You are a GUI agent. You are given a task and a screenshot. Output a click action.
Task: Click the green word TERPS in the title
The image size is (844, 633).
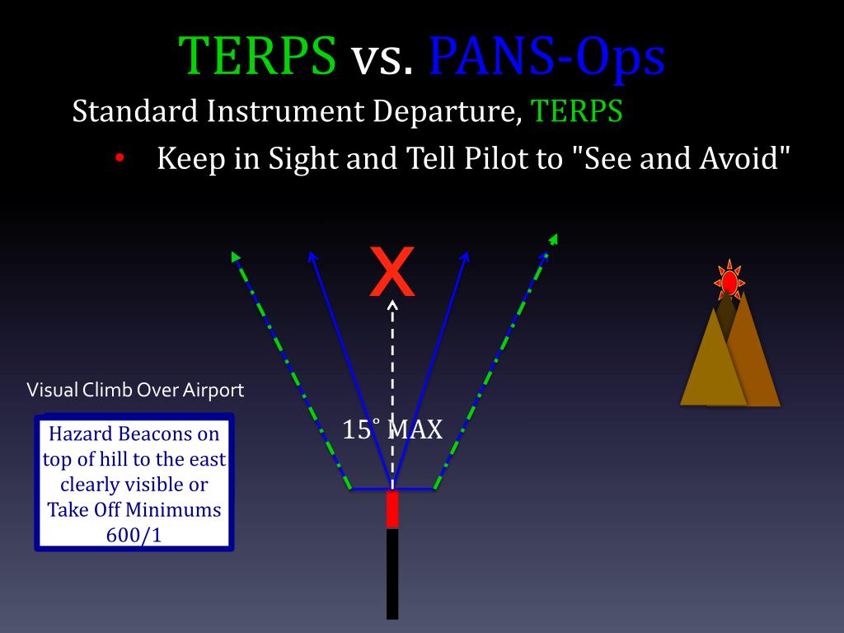click(x=259, y=56)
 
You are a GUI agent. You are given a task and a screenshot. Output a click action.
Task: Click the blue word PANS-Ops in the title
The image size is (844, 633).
click(x=546, y=56)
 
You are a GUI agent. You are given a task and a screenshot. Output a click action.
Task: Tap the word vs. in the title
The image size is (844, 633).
click(x=382, y=58)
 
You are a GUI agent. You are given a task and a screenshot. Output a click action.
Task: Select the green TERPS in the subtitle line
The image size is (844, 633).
click(x=576, y=110)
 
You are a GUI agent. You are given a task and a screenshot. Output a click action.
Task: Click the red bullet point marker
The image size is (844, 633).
click(x=120, y=157)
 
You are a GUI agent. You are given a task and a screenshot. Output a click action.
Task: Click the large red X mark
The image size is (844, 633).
click(x=392, y=273)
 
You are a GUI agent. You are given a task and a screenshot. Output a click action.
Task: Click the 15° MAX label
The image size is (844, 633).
click(x=393, y=429)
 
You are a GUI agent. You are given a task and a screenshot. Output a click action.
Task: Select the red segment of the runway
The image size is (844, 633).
click(x=392, y=509)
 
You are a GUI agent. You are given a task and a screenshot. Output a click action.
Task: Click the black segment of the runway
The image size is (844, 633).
click(x=392, y=573)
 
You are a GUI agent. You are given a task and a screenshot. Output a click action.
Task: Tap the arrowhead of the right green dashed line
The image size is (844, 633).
click(x=553, y=240)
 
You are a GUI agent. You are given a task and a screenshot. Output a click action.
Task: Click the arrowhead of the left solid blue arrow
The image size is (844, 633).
click(x=312, y=256)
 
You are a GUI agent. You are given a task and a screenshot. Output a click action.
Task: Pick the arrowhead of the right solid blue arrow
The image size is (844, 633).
click(x=466, y=256)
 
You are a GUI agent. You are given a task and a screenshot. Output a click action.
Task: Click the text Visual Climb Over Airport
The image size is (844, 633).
click(x=136, y=390)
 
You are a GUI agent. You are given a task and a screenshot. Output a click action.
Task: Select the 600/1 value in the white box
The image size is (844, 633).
click(x=134, y=534)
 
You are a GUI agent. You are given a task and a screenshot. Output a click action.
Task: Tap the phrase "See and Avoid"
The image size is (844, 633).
click(x=680, y=157)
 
